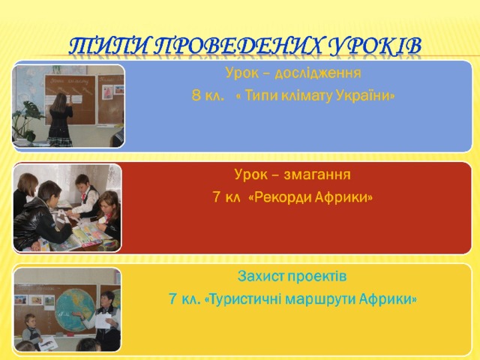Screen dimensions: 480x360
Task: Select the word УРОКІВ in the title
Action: [x=375, y=46]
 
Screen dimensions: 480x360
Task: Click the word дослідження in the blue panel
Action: [x=318, y=73]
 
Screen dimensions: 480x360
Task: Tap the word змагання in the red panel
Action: [x=317, y=175]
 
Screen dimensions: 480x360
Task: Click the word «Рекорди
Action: [x=279, y=197]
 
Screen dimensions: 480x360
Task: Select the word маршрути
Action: [x=320, y=300]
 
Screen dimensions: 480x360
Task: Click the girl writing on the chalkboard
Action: [x=60, y=120]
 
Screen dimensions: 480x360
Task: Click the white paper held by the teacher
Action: [x=103, y=321]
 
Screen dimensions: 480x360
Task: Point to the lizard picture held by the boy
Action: [x=48, y=343]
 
